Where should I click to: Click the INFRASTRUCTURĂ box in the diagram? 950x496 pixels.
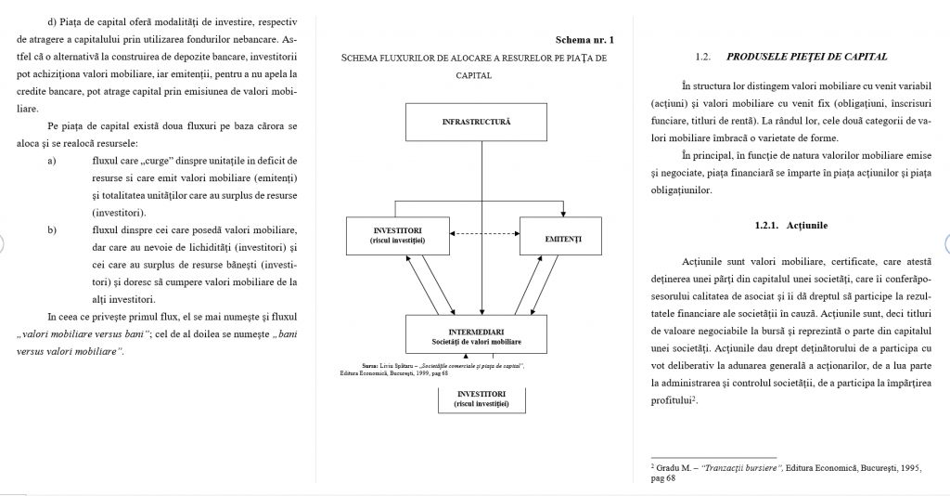point(476,122)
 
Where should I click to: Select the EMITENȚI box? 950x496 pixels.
point(563,239)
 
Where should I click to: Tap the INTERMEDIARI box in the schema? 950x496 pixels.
point(476,336)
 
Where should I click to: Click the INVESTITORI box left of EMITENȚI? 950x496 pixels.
point(397,235)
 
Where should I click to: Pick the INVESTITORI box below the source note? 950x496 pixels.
point(481,398)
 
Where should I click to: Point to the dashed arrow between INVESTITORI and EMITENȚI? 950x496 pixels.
point(483,233)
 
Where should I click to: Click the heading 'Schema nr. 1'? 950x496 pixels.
point(584,40)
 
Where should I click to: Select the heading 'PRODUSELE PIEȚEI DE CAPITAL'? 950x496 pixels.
point(806,57)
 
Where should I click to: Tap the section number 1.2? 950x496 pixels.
point(702,57)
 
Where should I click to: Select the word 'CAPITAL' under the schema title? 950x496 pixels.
point(473,75)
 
